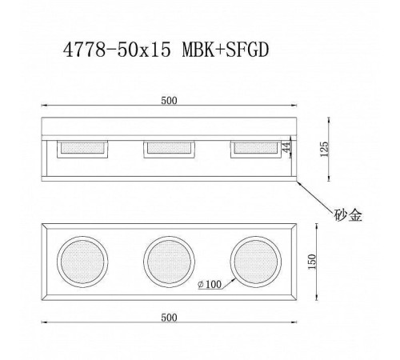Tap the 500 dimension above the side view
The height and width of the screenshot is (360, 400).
click(169, 100)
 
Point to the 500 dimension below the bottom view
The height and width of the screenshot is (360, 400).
click(169, 318)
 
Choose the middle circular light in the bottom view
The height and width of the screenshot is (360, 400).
click(169, 260)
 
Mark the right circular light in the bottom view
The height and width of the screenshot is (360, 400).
click(255, 260)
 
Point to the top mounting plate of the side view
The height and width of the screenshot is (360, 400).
click(169, 126)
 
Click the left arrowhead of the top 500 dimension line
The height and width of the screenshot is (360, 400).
click(44, 106)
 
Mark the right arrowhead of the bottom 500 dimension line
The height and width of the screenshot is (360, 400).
click(294, 324)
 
